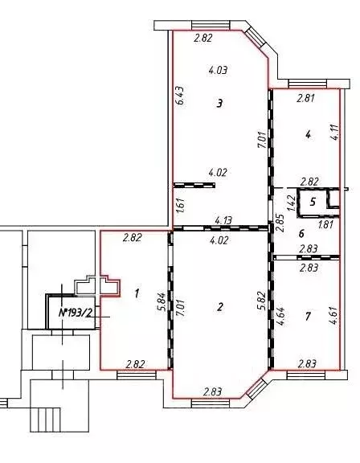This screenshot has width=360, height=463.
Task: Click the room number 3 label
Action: click(219, 104)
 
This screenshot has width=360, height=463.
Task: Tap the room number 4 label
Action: click(308, 135)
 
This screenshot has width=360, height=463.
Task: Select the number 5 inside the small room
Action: click(313, 202)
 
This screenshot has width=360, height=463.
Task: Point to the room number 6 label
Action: click(301, 234)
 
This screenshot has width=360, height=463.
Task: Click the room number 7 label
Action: click(308, 317)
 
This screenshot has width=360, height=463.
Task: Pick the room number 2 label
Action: click(220, 307)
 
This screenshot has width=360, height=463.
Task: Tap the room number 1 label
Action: click(137, 293)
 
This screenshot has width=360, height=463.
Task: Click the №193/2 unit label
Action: click(76, 313)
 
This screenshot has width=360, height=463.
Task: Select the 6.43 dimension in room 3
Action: click(181, 95)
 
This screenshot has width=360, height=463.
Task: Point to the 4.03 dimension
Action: click(218, 70)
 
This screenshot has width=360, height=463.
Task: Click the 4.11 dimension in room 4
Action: click(336, 133)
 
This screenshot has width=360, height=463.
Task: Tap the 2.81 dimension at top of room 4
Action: click(305, 98)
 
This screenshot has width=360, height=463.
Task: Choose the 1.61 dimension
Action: click(181, 205)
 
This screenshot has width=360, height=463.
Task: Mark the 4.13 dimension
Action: click(223, 220)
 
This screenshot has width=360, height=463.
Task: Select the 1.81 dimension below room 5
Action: click(325, 225)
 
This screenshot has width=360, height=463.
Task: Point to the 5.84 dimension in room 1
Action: click(162, 303)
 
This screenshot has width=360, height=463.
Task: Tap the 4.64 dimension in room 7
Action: click(281, 317)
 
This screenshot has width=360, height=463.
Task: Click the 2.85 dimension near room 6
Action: click(280, 223)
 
